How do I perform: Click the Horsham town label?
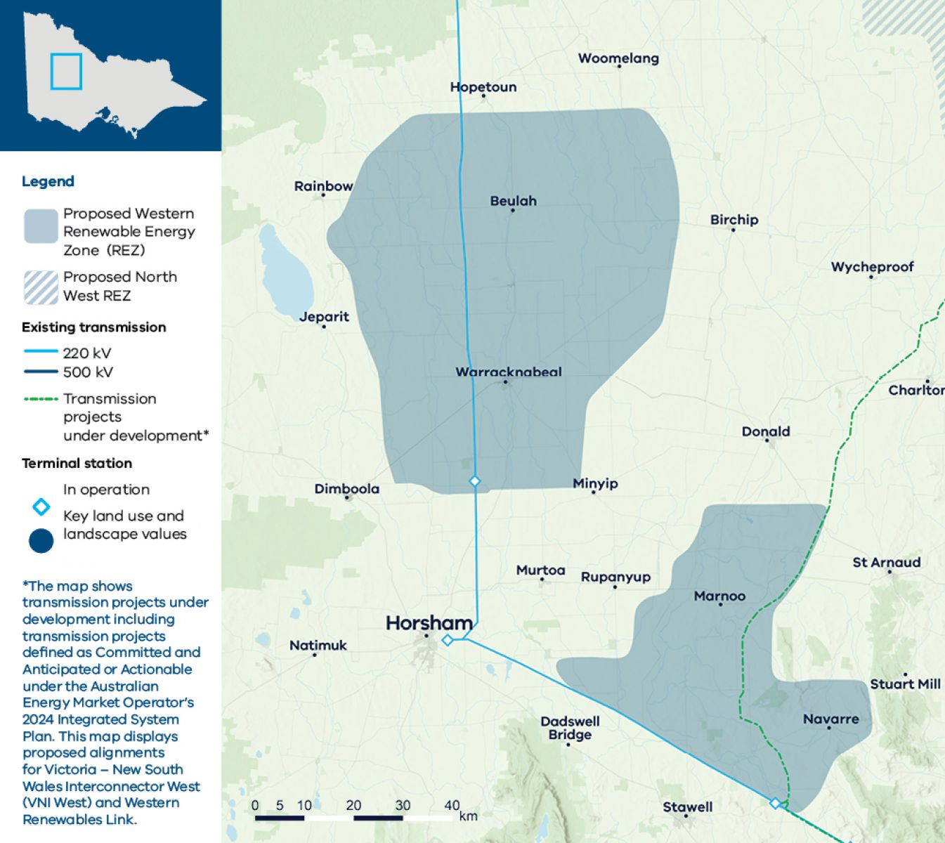coord(429,623)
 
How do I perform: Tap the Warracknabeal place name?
coord(508,372)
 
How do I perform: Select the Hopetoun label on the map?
coord(483,87)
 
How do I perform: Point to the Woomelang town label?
coord(618,58)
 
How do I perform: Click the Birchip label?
coord(734,220)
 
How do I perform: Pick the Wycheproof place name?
coord(872,267)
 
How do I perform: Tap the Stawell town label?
coord(687,807)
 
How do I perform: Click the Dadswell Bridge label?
coord(570,728)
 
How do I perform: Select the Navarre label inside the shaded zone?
coord(830,719)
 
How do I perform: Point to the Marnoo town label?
coord(719,596)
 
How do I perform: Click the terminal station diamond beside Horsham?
coord(448,640)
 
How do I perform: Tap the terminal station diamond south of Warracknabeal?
coord(475,481)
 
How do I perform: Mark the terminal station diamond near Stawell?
coord(775,803)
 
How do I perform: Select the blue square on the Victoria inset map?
coord(66,72)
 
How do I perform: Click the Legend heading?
coord(48,181)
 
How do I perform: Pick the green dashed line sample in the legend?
coord(41,399)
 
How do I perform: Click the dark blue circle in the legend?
coord(41,541)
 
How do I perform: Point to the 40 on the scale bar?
coord(452,806)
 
